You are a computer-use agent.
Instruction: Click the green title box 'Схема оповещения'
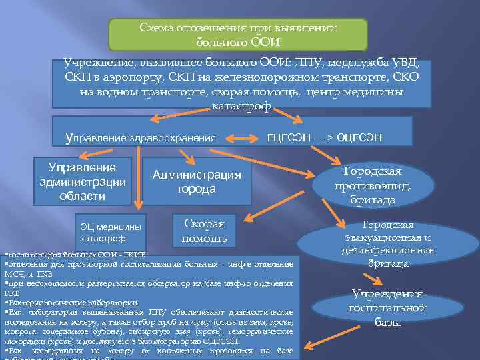tap(238, 35)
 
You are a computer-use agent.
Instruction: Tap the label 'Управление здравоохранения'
tap(141, 138)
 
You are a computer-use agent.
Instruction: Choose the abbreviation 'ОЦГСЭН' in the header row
tap(360, 137)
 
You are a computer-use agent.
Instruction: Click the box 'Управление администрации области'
tap(83, 181)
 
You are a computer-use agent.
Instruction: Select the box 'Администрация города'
tap(197, 181)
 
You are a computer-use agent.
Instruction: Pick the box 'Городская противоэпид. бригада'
tap(373, 185)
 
